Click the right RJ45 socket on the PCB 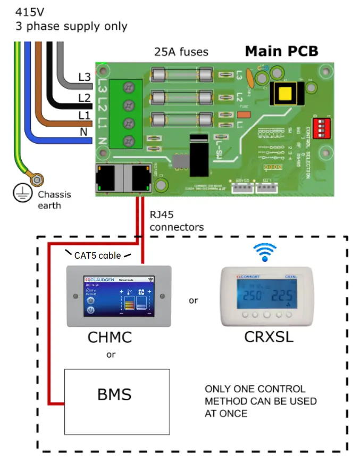coord(139,177)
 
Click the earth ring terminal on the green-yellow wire coord(38,182)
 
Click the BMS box coord(117,395)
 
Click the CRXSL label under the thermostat coord(269,337)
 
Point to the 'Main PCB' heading coord(281,52)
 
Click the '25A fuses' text coord(181,52)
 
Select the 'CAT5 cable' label coord(98,254)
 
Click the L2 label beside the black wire coord(84,98)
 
